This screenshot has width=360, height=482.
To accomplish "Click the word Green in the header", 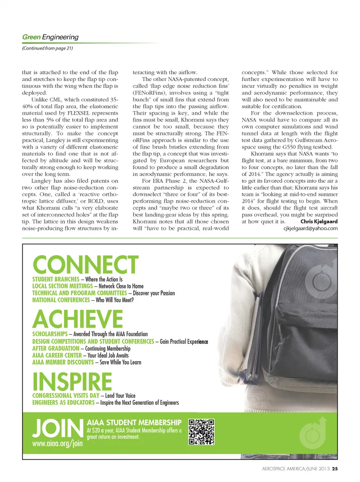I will (31, 37).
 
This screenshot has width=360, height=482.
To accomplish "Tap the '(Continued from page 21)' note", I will (47, 48).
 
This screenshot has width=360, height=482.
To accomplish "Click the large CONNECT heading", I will (86, 265).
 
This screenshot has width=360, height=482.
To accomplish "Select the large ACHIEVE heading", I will (78, 319).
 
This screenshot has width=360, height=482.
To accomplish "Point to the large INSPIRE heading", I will (72, 381).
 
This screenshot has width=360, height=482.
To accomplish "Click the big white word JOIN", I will (57, 428).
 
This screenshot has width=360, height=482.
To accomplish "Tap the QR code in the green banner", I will (201, 432).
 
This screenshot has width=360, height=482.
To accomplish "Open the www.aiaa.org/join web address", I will (57, 443).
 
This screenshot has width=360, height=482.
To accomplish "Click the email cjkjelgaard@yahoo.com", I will (310, 228).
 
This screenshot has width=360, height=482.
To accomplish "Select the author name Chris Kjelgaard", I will (319, 221).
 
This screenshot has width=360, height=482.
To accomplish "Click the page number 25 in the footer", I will (335, 468).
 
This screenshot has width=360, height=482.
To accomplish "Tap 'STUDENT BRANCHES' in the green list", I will (56, 279).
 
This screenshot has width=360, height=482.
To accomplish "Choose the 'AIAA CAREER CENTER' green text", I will (57, 355).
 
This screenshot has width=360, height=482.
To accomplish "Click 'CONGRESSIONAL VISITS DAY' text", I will (66, 395).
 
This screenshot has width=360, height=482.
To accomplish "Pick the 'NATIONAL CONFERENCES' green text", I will (61, 300).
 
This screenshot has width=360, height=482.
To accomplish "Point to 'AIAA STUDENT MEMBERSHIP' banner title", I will (134, 423).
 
